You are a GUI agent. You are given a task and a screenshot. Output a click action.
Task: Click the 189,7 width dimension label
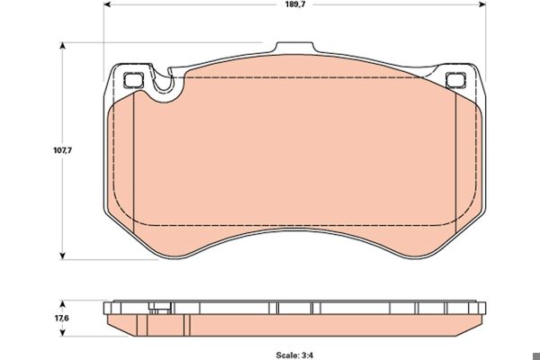tap(295, 4)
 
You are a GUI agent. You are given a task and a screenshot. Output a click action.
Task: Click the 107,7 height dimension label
tap(62, 150)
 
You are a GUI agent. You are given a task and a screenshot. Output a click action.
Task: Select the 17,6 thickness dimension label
tap(62, 318)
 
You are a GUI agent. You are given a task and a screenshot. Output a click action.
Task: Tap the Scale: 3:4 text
tap(294, 355)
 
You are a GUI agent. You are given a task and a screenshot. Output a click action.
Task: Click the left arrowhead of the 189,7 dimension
tap(107, 4)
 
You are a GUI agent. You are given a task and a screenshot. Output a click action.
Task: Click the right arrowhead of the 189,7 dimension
tap(482, 4)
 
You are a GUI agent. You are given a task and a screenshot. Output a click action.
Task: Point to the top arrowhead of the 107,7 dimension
tap(62, 46)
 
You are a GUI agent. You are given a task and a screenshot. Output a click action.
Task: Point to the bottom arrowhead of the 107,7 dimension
tap(62, 256)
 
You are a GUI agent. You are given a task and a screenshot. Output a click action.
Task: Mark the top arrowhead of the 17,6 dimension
tap(62, 304)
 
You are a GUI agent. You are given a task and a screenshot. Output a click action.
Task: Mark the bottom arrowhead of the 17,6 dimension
tap(62, 332)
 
